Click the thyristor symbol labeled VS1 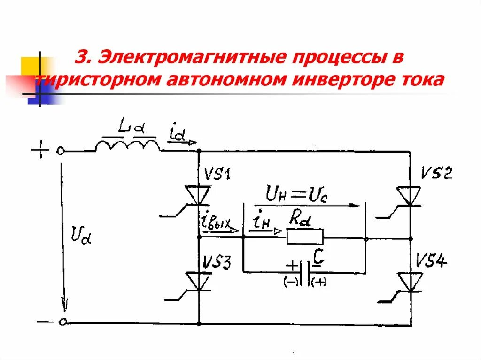pyautogui.click(x=198, y=194)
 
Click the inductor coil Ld pyautogui.click(x=127, y=145)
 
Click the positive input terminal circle pyautogui.click(x=61, y=151)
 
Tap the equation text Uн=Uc pyautogui.click(x=297, y=193)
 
